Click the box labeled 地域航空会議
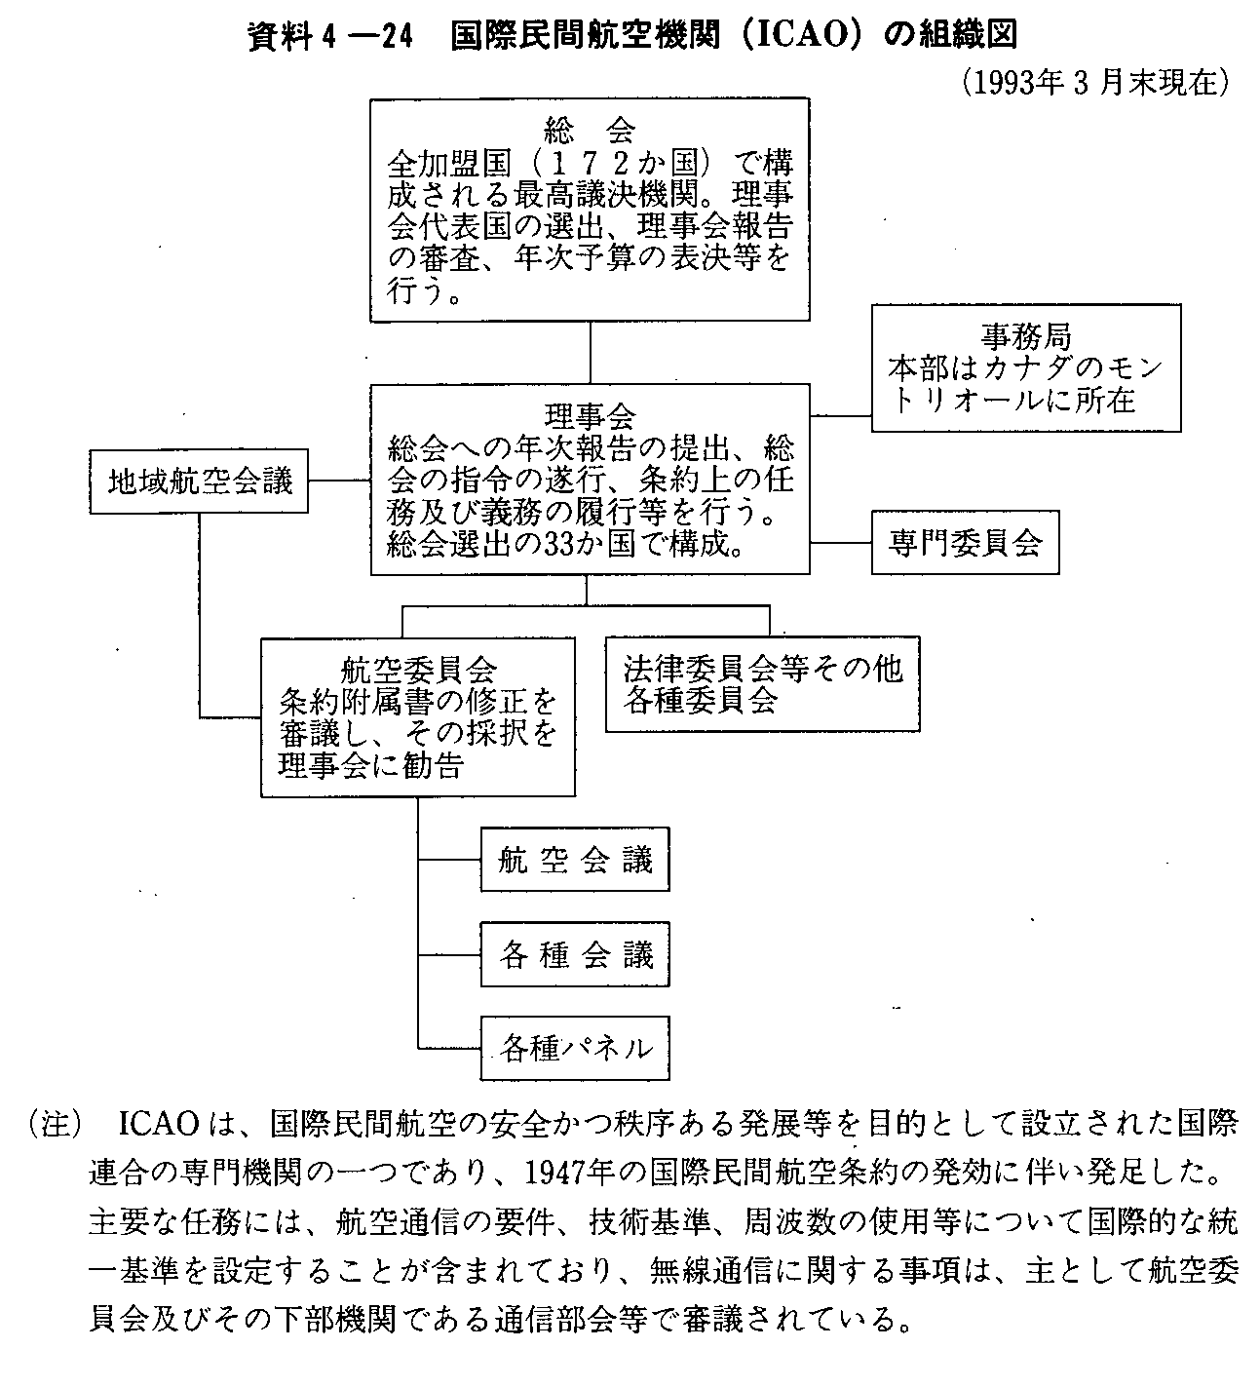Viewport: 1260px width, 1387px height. tap(199, 482)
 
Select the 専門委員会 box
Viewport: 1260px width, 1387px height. tap(965, 542)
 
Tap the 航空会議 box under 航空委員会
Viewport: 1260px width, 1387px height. tap(575, 860)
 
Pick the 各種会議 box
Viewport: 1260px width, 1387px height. tap(575, 953)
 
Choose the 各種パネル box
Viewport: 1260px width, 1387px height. tap(575, 1048)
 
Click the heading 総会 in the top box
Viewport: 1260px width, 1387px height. tap(590, 128)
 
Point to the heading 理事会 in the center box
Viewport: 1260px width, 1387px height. tap(590, 416)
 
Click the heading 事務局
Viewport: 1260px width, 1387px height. tap(1026, 336)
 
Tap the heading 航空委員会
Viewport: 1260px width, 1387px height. tap(418, 670)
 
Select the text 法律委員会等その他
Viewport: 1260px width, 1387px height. tap(763, 668)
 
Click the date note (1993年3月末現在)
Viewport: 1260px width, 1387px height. tap(1096, 82)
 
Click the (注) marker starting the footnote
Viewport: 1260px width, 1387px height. tap(57, 1123)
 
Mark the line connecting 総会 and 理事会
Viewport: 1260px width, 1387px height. tap(590, 352)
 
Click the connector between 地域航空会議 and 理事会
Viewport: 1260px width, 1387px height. tap(339, 481)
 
